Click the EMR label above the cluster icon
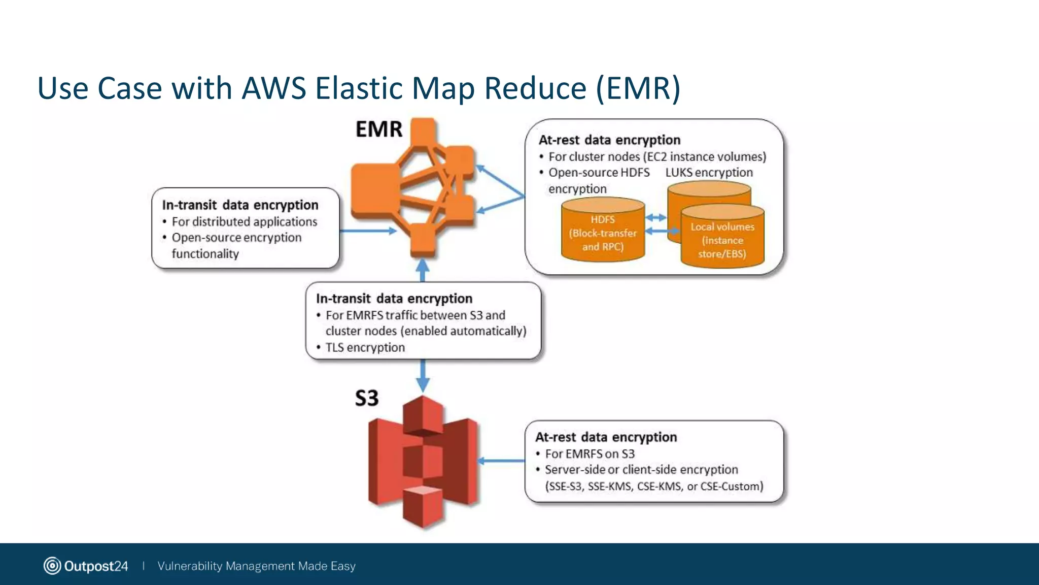point(379,129)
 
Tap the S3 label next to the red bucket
point(366,398)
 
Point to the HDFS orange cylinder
point(603,231)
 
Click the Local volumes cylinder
point(722,239)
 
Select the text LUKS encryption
point(709,173)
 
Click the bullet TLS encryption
point(365,348)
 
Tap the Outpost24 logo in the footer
point(86,566)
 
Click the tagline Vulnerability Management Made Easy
point(256,566)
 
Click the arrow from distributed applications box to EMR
point(368,231)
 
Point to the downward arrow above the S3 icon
point(423,376)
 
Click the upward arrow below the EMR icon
point(423,270)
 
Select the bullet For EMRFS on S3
point(589,454)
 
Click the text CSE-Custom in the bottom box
point(731,486)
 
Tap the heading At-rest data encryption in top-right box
point(609,140)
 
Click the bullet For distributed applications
point(244,222)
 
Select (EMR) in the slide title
point(638,88)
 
